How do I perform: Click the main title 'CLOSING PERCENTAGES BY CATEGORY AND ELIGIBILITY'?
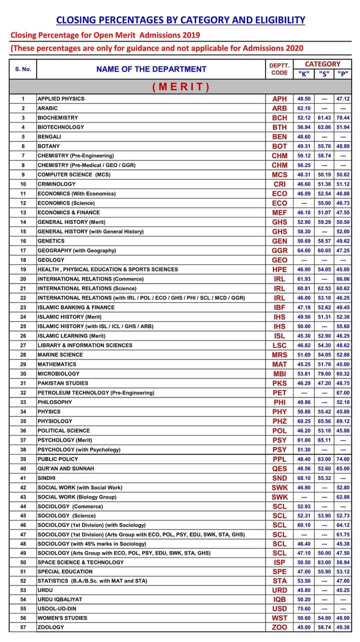pyautogui.click(x=180, y=20)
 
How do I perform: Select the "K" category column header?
pyautogui.click(x=303, y=73)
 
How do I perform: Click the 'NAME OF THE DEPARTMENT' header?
pyautogui.click(x=151, y=69)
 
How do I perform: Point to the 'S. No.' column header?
pyautogui.click(x=23, y=69)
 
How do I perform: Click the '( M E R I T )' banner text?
pyautogui.click(x=180, y=86)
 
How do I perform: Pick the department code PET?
pyautogui.click(x=279, y=393)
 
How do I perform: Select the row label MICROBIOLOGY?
pyautogui.click(x=58, y=374)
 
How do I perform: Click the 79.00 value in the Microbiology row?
pyautogui.click(x=324, y=374)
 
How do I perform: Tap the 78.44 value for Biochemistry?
pyautogui.click(x=343, y=117)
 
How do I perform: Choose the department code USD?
pyautogui.click(x=279, y=609)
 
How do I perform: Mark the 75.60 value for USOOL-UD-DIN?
pyautogui.click(x=304, y=609)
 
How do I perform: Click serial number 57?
pyautogui.click(x=23, y=627)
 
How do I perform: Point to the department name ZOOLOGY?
pyautogui.click(x=51, y=627)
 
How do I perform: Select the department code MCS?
pyautogui.click(x=279, y=174)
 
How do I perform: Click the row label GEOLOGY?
pyautogui.click(x=51, y=260)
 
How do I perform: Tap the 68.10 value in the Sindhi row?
pyautogui.click(x=304, y=478)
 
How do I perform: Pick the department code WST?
pyautogui.click(x=279, y=618)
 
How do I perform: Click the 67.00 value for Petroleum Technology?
pyautogui.click(x=343, y=393)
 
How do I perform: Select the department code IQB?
pyautogui.click(x=279, y=599)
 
